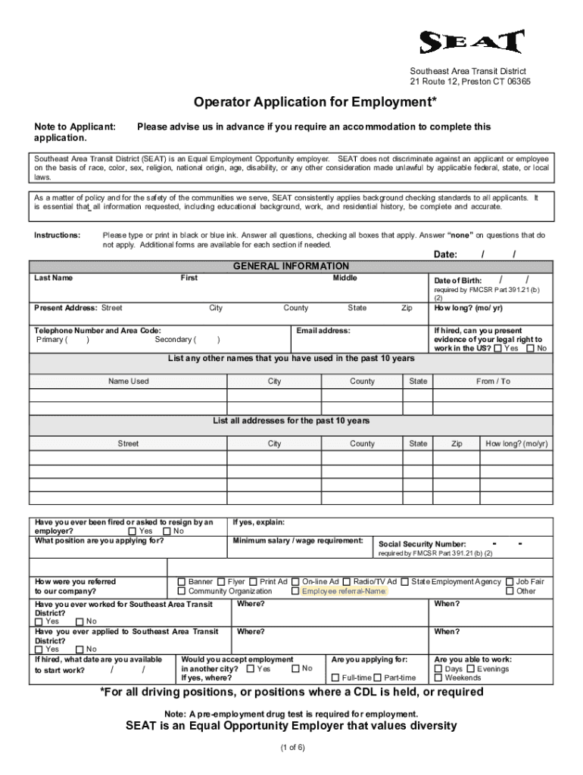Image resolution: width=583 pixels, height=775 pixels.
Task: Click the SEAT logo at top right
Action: pos(472,42)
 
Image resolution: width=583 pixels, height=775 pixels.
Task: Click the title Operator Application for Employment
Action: pos(315,101)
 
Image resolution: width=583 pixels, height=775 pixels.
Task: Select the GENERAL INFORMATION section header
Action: pos(291,266)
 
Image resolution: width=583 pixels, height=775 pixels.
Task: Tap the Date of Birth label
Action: pos(457,281)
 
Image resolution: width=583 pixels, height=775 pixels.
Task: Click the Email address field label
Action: pos(323,331)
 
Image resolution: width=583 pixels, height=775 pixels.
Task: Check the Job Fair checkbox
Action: pos(510,581)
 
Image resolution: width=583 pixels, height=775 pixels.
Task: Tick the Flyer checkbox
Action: pos(221,581)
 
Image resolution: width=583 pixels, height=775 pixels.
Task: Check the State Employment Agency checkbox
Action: pos(405,581)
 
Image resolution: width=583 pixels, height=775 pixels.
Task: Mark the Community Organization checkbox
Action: pos(182,591)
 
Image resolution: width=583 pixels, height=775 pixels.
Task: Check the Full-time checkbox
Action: pos(335,678)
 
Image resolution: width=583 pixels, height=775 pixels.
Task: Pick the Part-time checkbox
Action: pos(377,678)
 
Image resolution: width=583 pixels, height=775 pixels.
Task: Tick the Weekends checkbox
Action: pos(438,678)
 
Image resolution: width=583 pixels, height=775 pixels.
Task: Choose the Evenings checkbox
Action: pos(471,669)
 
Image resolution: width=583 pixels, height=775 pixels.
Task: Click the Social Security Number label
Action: pos(422,544)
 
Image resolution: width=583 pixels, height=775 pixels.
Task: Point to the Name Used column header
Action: pos(129,381)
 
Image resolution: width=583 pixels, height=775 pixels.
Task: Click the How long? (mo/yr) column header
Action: pos(516,444)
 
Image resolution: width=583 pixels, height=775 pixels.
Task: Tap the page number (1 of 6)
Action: pos(291,748)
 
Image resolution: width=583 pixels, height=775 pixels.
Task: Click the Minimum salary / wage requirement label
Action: pos(298,540)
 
